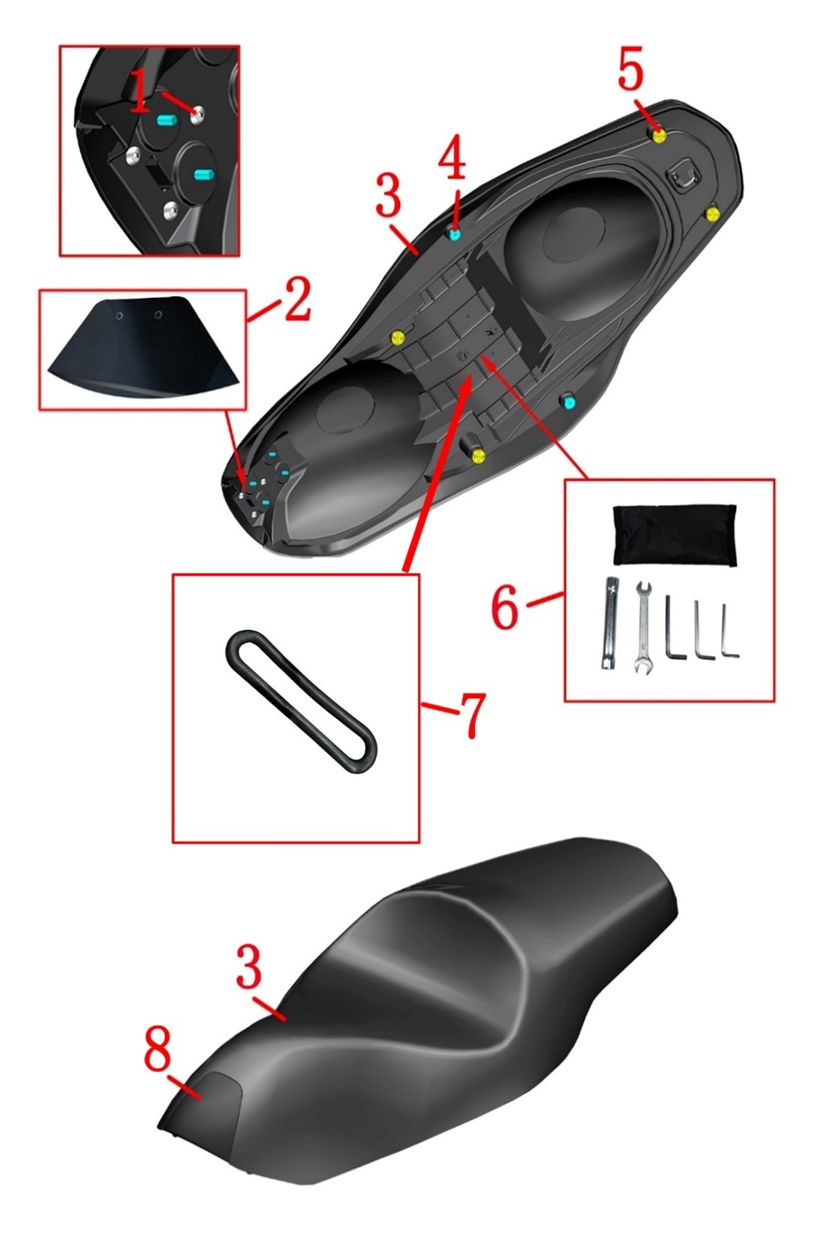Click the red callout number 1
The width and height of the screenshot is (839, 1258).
point(139,92)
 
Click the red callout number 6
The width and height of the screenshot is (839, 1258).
point(504,609)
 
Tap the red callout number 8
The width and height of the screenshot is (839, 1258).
point(157,1049)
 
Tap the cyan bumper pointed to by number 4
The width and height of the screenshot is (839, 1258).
point(454,235)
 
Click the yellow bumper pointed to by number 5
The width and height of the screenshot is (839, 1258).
point(659,135)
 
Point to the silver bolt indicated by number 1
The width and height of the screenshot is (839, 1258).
point(197,115)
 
